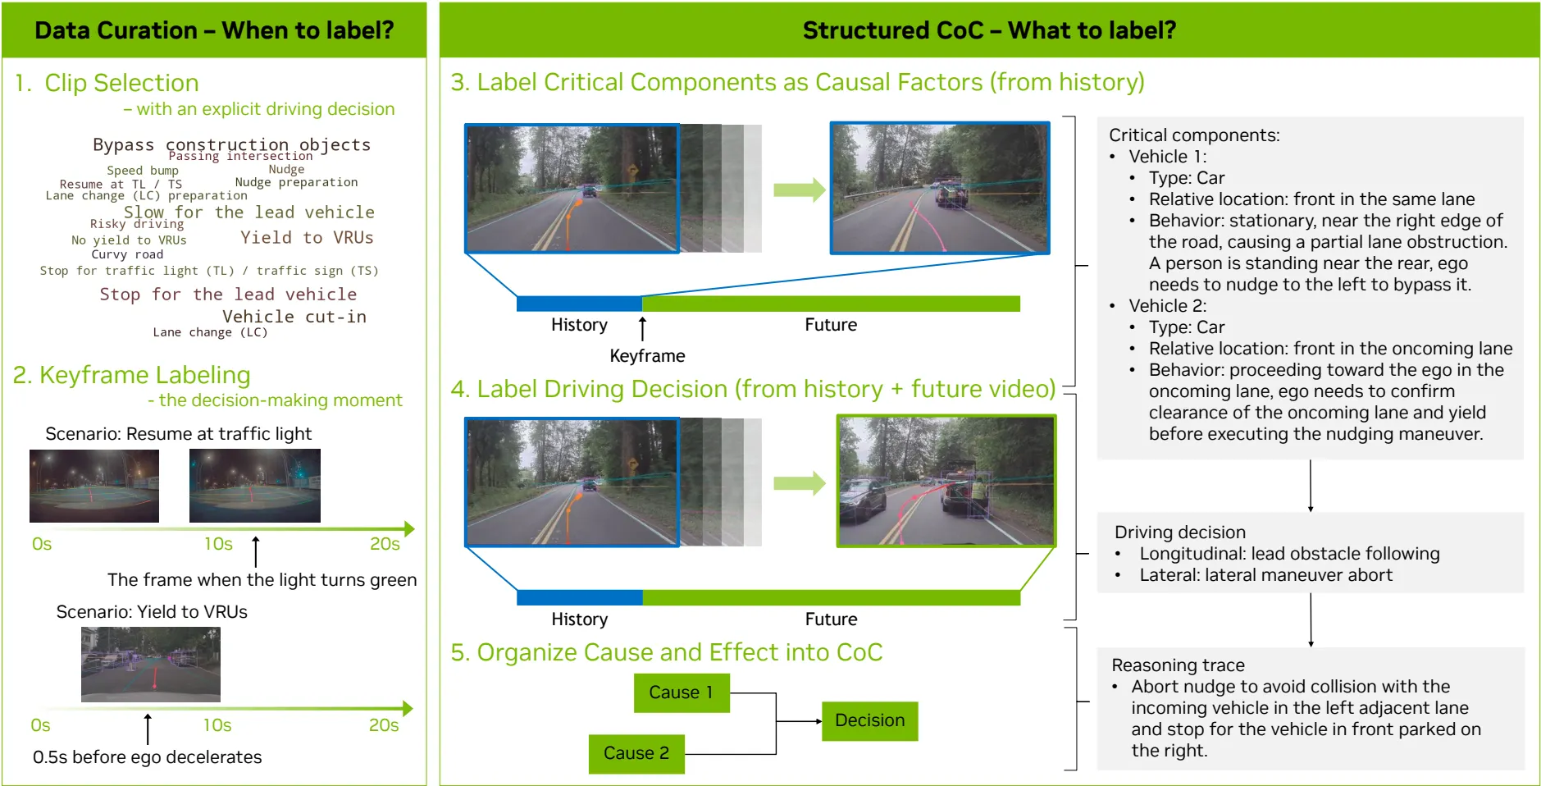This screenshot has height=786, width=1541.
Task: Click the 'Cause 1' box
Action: tap(681, 692)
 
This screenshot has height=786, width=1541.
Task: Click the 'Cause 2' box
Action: tap(636, 753)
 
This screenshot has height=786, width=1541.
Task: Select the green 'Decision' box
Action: tap(869, 720)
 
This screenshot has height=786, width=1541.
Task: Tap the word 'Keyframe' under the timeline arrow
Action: tap(647, 356)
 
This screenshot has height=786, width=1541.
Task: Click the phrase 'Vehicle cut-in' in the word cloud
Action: tap(294, 317)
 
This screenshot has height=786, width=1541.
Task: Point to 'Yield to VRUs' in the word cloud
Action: tap(307, 238)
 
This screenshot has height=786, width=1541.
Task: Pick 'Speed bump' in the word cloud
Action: tap(143, 171)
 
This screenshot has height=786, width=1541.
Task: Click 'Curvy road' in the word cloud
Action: tap(127, 254)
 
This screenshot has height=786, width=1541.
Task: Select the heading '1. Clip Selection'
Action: tap(107, 83)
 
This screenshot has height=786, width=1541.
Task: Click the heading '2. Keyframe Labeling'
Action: tap(132, 375)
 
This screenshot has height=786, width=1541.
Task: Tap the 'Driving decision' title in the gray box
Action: tap(1179, 532)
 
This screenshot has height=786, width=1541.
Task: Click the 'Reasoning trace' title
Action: tap(1178, 665)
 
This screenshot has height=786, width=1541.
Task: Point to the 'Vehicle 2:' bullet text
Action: tap(1167, 306)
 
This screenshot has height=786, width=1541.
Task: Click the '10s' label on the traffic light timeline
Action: tap(218, 544)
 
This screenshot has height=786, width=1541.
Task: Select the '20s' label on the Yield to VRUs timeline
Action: tap(383, 725)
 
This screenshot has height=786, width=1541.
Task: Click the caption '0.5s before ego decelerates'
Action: tap(148, 757)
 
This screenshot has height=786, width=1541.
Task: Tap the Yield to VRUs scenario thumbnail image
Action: tap(151, 664)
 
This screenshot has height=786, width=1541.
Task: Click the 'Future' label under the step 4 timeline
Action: tap(831, 619)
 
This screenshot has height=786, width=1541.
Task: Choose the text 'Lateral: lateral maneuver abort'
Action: tap(1265, 575)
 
